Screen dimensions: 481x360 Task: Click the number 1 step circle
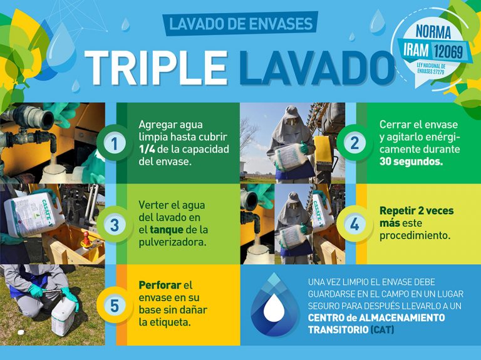coord(114,143)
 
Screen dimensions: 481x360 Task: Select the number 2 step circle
coord(354,143)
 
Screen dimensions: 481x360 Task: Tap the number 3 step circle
coord(114,225)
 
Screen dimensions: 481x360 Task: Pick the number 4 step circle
coord(354,225)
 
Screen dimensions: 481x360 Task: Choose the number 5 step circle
coord(114,306)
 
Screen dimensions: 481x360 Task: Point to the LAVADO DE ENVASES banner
coord(240,24)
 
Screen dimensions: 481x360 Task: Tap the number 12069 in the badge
coord(448,51)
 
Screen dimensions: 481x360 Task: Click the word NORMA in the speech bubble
coord(433,32)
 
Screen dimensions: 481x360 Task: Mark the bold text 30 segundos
coord(411,162)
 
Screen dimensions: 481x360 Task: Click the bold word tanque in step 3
coord(167,230)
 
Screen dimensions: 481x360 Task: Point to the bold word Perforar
coord(160,285)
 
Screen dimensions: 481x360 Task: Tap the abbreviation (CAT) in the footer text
coord(382,330)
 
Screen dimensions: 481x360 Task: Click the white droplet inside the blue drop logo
coord(274,307)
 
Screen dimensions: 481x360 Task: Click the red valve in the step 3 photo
coord(87,239)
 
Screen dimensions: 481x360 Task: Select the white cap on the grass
coord(21,332)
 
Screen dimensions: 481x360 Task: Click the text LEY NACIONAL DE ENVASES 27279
coord(431,69)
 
